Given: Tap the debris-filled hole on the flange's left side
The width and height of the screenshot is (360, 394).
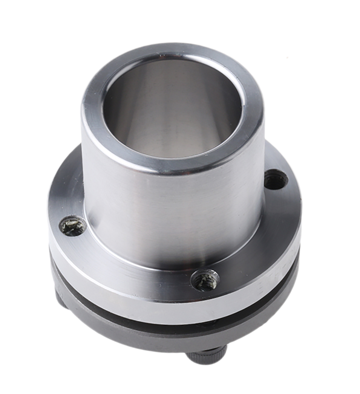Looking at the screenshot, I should [x=73, y=226].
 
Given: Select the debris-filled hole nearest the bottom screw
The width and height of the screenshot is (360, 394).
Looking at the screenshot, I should [x=205, y=280].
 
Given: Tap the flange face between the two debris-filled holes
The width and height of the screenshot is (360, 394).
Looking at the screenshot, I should [x=131, y=263].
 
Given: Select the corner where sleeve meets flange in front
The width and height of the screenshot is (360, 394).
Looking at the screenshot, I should [x=174, y=263].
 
